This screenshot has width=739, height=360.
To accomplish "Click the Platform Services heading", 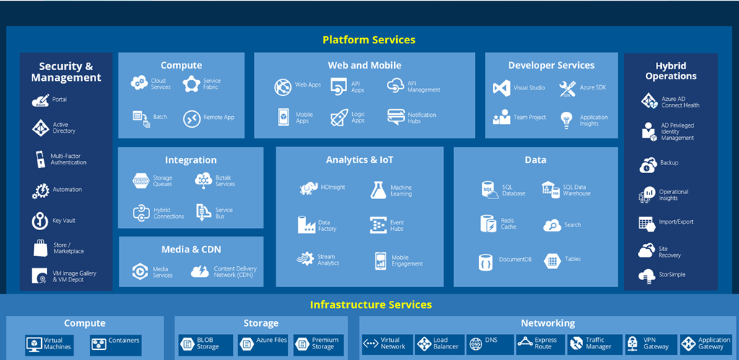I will point(369,40).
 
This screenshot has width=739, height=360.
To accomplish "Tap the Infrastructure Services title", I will point(371,304).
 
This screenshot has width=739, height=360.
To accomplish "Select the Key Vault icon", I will point(40,221).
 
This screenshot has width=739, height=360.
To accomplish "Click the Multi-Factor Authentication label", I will point(69,159).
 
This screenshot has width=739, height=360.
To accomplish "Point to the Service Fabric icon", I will point(191,84).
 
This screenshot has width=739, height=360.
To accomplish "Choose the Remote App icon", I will point(191,118).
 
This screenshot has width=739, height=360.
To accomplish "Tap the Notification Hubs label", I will point(421,118).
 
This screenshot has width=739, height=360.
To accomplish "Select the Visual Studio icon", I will point(502,88).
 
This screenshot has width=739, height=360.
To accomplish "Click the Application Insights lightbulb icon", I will point(567,119).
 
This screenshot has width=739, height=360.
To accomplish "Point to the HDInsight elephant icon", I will point(309,188).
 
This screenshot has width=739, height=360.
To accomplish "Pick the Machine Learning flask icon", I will point(380,190).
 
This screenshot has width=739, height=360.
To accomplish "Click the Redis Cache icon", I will point(488,224).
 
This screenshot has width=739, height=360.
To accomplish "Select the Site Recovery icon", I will point(647,251).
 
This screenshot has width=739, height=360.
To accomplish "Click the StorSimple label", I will point(672,275).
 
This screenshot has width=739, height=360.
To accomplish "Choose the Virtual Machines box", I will point(49,344).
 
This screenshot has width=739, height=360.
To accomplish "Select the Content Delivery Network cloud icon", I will point(200,272).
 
